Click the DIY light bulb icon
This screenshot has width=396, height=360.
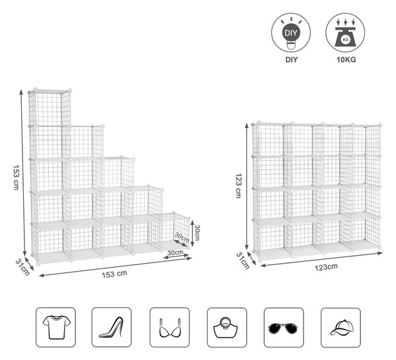[x=291, y=33]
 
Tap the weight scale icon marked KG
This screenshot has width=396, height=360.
[x=345, y=33]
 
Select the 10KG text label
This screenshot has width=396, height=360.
[x=346, y=59]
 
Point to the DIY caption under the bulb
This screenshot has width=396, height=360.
[x=292, y=59]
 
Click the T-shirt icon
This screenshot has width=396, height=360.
[x=56, y=327]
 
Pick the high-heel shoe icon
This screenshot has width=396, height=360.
[x=112, y=327]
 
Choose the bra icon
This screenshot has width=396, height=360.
[x=170, y=327]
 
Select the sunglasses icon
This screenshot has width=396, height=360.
[x=284, y=327]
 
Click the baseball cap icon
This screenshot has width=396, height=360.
[x=341, y=327]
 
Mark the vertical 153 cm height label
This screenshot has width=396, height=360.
[x=16, y=177]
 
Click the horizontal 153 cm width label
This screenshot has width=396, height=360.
[x=114, y=274]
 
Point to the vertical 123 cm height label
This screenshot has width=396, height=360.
[x=238, y=186]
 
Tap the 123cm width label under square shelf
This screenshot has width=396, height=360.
[x=326, y=266]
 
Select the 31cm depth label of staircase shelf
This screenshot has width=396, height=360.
[x=22, y=267]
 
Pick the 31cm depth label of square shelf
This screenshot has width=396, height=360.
[x=243, y=260]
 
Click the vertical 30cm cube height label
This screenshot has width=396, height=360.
[x=197, y=233]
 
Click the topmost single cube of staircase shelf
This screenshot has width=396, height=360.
[x=49, y=107]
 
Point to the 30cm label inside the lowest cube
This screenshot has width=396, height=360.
[x=181, y=237]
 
